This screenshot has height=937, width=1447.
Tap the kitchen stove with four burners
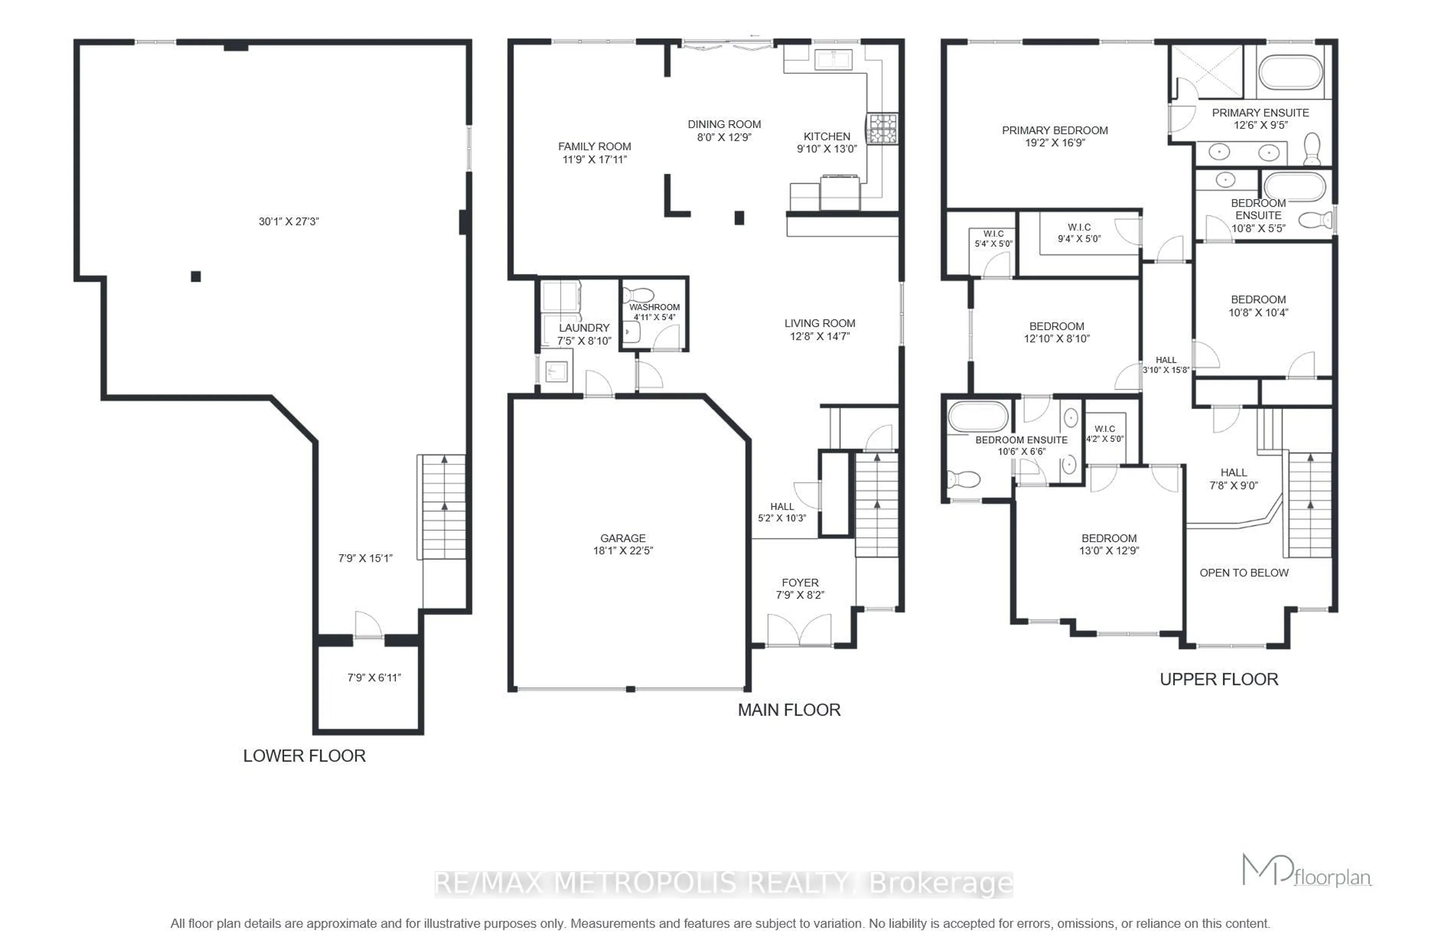[x=881, y=129]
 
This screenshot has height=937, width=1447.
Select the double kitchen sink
[x=833, y=60]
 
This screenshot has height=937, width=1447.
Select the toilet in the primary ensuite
[x=1312, y=149]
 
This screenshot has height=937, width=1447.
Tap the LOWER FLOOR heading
[x=304, y=756]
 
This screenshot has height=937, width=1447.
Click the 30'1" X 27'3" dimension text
[x=289, y=221]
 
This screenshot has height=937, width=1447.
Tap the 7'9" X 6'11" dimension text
[x=374, y=677]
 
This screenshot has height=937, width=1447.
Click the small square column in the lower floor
[x=196, y=277]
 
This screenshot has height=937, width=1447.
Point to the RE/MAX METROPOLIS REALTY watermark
[x=723, y=883]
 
